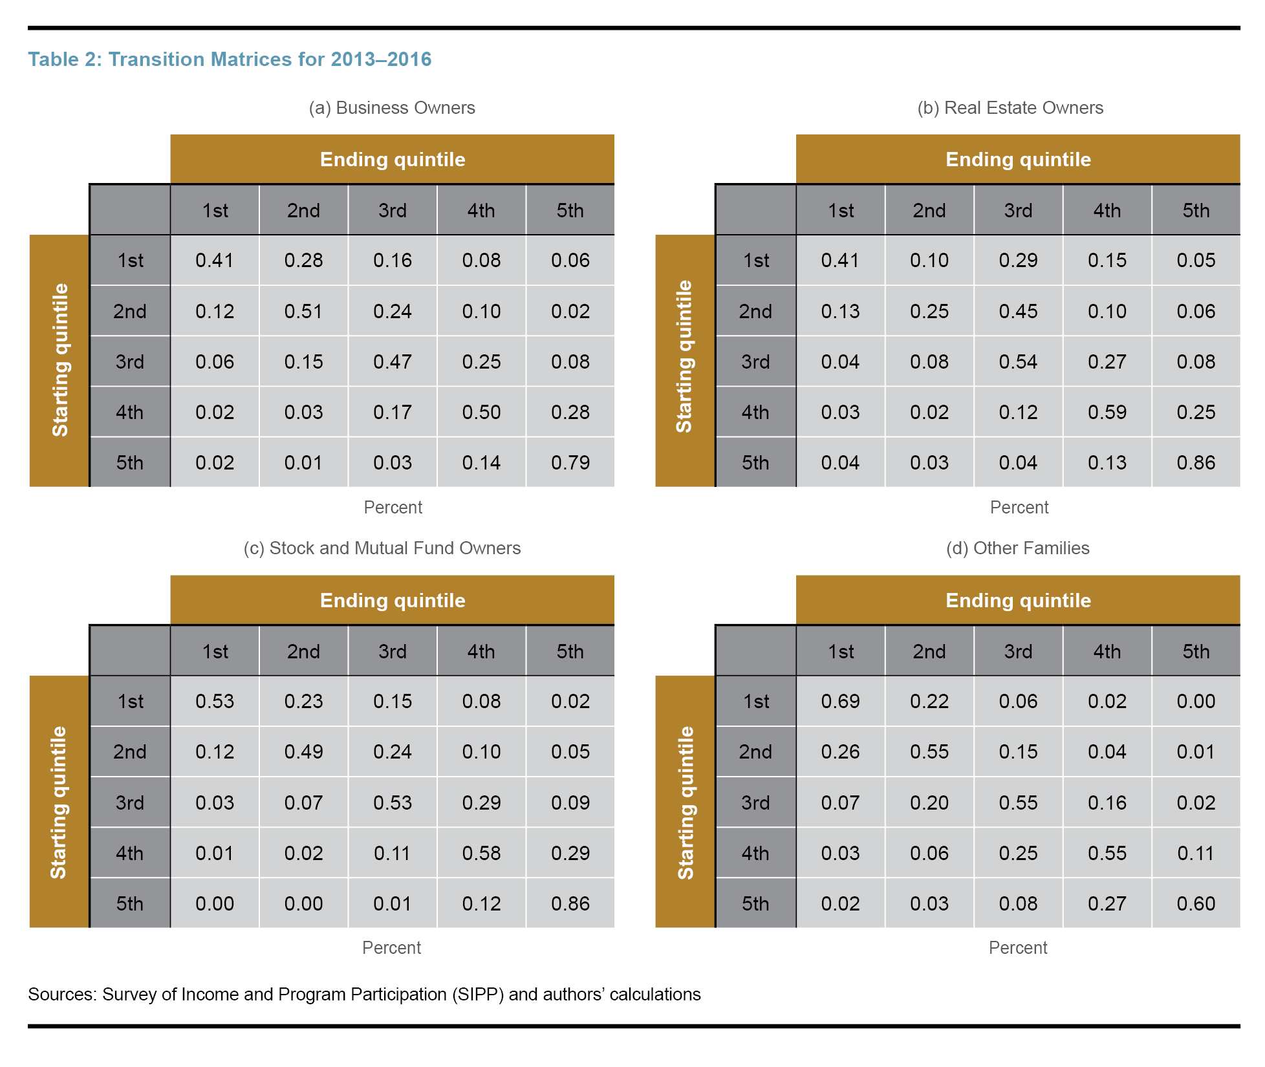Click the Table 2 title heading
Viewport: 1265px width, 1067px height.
click(229, 59)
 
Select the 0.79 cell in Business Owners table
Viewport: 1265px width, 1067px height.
click(570, 462)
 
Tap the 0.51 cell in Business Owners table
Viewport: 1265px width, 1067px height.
click(303, 311)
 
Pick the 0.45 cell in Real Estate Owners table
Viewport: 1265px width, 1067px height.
click(1018, 311)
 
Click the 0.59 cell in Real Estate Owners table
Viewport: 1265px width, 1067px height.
click(1107, 412)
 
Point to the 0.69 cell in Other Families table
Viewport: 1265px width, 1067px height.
click(840, 701)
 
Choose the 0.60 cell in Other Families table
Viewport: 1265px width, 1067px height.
click(1196, 903)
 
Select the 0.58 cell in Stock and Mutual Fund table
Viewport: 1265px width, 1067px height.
click(481, 853)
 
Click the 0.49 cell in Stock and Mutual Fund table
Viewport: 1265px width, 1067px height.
click(303, 751)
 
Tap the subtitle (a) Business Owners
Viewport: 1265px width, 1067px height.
click(391, 107)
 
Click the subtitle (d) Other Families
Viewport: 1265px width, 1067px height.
click(1017, 548)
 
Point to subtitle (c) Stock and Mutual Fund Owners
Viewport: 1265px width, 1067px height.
click(382, 548)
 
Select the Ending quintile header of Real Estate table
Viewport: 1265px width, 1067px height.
click(1018, 159)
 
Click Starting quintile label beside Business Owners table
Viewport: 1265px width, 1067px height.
click(59, 360)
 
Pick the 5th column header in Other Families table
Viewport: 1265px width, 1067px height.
click(1196, 651)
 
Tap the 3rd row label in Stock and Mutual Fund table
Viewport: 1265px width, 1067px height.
click(129, 803)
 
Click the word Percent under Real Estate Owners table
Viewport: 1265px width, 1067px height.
click(1019, 507)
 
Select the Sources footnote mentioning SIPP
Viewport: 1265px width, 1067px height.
click(364, 994)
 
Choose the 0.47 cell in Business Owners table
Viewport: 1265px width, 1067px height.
click(392, 361)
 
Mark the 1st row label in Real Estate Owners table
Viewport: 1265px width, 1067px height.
click(755, 261)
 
